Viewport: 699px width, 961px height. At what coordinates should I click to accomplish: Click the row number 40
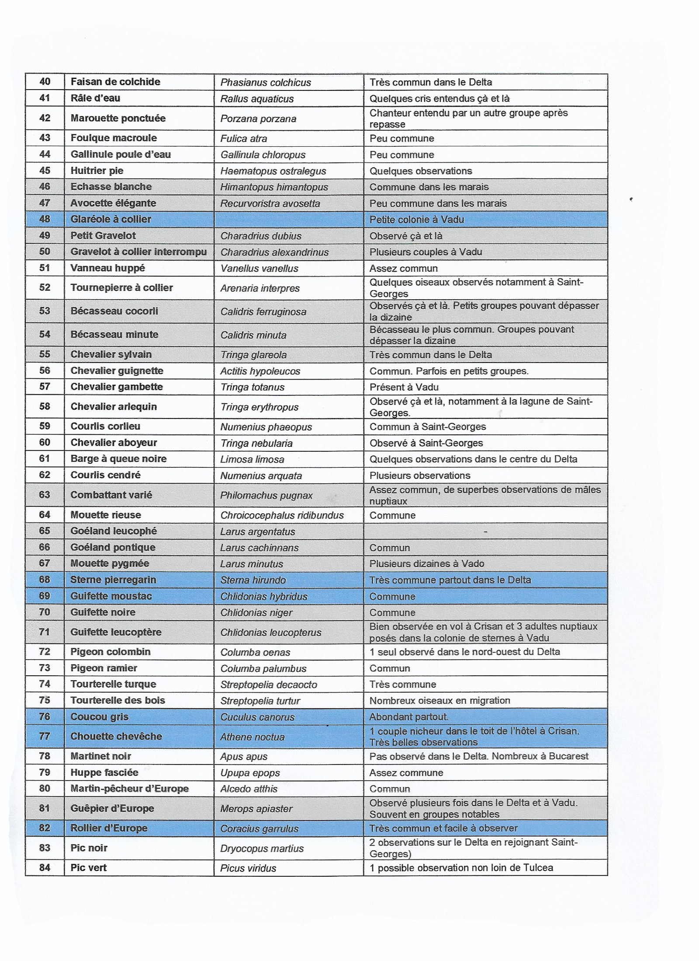[x=45, y=82]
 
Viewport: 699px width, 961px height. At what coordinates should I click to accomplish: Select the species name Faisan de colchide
[x=115, y=82]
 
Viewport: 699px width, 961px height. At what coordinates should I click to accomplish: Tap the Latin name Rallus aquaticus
[x=257, y=99]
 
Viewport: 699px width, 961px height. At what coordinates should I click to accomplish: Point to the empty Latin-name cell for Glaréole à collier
[x=288, y=219]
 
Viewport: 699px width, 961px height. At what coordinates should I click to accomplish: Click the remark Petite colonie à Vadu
[x=416, y=219]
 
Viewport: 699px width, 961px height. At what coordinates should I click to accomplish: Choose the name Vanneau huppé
[x=107, y=268]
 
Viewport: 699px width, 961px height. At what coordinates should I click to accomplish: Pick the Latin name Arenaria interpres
[x=260, y=288]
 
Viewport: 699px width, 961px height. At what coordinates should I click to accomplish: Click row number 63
[x=45, y=495]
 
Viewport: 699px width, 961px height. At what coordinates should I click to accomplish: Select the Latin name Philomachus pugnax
[x=266, y=495]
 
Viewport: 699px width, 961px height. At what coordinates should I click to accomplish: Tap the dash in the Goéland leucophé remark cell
[x=485, y=532]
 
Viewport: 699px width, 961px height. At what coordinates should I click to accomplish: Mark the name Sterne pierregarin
[x=113, y=580]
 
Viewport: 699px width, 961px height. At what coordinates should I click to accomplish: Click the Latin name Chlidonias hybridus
[x=264, y=597]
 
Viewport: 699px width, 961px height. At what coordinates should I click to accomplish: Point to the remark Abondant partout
[x=409, y=717]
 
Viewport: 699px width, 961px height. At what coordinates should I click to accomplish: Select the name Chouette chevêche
[x=116, y=736]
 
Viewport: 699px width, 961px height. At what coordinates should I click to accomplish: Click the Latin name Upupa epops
[x=250, y=773]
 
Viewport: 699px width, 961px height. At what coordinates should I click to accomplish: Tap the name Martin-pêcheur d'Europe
[x=129, y=788]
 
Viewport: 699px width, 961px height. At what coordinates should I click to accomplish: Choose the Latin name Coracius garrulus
[x=260, y=829]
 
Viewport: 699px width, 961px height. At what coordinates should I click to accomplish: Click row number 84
[x=45, y=868]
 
